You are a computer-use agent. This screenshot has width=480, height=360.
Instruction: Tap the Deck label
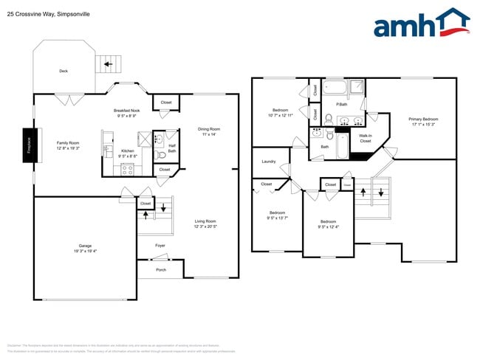pos(64,72)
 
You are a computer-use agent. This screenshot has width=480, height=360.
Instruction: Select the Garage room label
pos(86,246)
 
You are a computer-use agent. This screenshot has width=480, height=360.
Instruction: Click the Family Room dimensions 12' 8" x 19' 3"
pos(68,149)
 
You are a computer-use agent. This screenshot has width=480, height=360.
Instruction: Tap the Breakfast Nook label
pos(126,110)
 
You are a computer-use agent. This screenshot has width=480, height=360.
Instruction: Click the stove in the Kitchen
pos(126,169)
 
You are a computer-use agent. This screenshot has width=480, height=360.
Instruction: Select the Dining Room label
pos(209,129)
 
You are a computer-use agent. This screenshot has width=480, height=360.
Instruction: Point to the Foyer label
pos(160,246)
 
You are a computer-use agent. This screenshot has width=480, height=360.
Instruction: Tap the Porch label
pos(161,270)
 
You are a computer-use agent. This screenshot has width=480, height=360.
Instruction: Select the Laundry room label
pos(269,162)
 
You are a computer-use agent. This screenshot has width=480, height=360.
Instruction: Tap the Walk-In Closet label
pos(365,138)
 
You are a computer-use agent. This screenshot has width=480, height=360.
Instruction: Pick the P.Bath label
pos(342,104)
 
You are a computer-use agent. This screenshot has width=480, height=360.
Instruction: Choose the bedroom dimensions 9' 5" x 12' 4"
pos(327,227)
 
